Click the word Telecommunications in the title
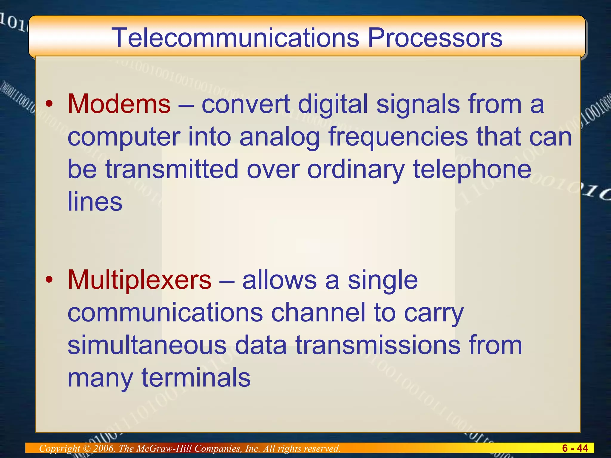(235, 38)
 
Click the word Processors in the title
(435, 38)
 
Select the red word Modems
(119, 104)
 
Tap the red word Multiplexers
(139, 280)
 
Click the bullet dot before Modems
(49, 104)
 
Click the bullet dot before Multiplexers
(49, 280)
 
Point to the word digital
(333, 104)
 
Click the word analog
(280, 137)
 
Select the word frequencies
(398, 137)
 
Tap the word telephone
(472, 169)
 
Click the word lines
(95, 202)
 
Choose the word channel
(318, 312)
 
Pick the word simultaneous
(147, 345)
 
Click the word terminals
(196, 377)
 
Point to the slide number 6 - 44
(575, 448)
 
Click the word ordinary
(356, 169)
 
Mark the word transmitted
(172, 169)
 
